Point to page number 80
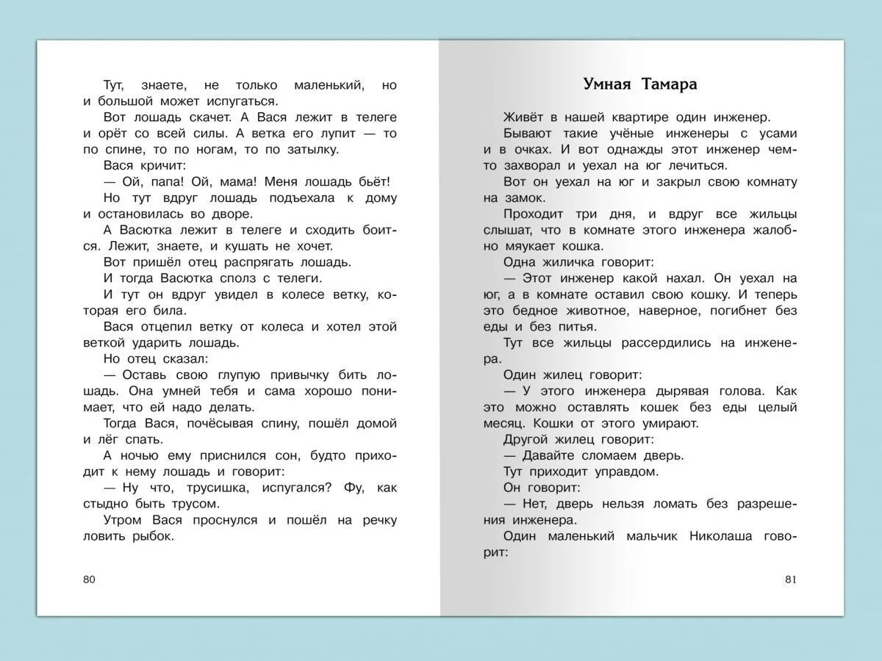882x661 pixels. coord(90,579)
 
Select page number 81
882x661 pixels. coord(791,579)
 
